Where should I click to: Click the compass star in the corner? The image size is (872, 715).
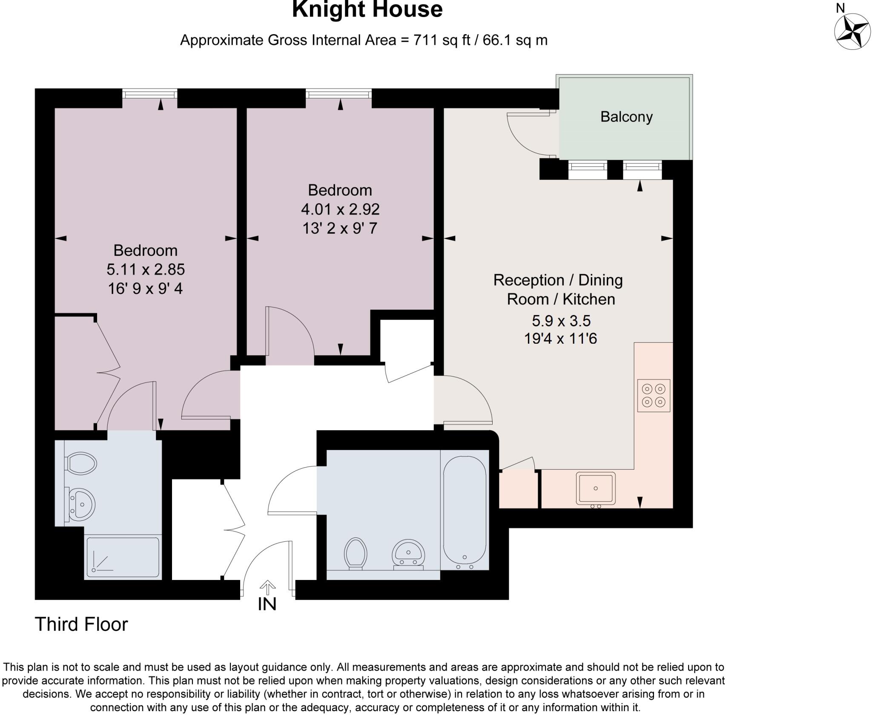pyautogui.click(x=851, y=32)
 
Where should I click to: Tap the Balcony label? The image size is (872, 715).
pyautogui.click(x=626, y=117)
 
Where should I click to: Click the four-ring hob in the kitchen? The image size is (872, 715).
pyautogui.click(x=654, y=395)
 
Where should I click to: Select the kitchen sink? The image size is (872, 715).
pyautogui.click(x=596, y=488)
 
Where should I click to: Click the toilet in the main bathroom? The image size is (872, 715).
pyautogui.click(x=356, y=553)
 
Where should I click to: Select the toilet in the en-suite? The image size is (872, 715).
pyautogui.click(x=81, y=463)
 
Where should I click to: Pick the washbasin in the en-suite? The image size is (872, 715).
pyautogui.click(x=81, y=504)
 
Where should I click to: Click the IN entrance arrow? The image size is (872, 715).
pyautogui.click(x=267, y=588)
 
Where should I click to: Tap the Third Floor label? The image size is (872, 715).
pyautogui.click(x=81, y=624)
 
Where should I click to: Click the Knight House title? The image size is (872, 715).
pyautogui.click(x=367, y=9)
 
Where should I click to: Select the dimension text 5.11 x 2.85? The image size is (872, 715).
pyautogui.click(x=146, y=269)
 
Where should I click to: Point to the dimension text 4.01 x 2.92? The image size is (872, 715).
pyautogui.click(x=340, y=209)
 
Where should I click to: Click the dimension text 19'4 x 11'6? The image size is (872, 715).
pyautogui.click(x=560, y=339)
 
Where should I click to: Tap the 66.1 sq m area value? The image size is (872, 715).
pyautogui.click(x=515, y=40)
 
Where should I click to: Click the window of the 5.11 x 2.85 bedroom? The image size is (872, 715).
pyautogui.click(x=150, y=94)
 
